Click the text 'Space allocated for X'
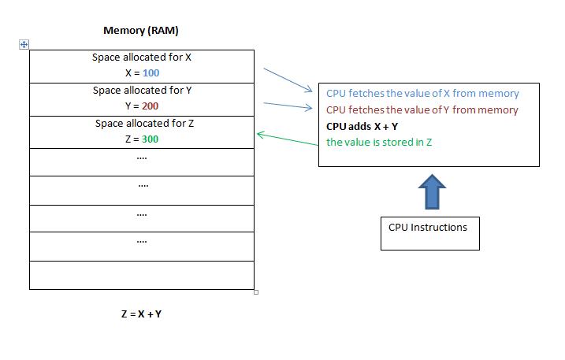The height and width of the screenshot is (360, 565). click(142, 58)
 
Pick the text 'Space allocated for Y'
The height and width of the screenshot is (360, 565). click(142, 91)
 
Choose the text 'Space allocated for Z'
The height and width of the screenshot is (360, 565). click(142, 124)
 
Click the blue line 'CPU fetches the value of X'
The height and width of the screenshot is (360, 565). click(422, 94)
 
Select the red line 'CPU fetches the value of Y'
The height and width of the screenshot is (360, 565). click(422, 110)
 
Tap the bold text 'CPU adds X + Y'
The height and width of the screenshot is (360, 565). click(362, 126)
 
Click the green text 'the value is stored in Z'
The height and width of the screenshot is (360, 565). click(379, 142)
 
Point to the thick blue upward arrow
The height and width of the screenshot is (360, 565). click(429, 192)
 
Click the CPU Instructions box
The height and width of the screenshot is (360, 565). click(429, 233)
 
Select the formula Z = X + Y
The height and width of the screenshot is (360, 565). click(141, 314)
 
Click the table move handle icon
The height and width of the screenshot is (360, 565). click(24, 45)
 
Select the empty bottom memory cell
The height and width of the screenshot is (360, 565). click(142, 275)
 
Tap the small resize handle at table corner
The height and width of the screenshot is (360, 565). click(256, 291)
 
